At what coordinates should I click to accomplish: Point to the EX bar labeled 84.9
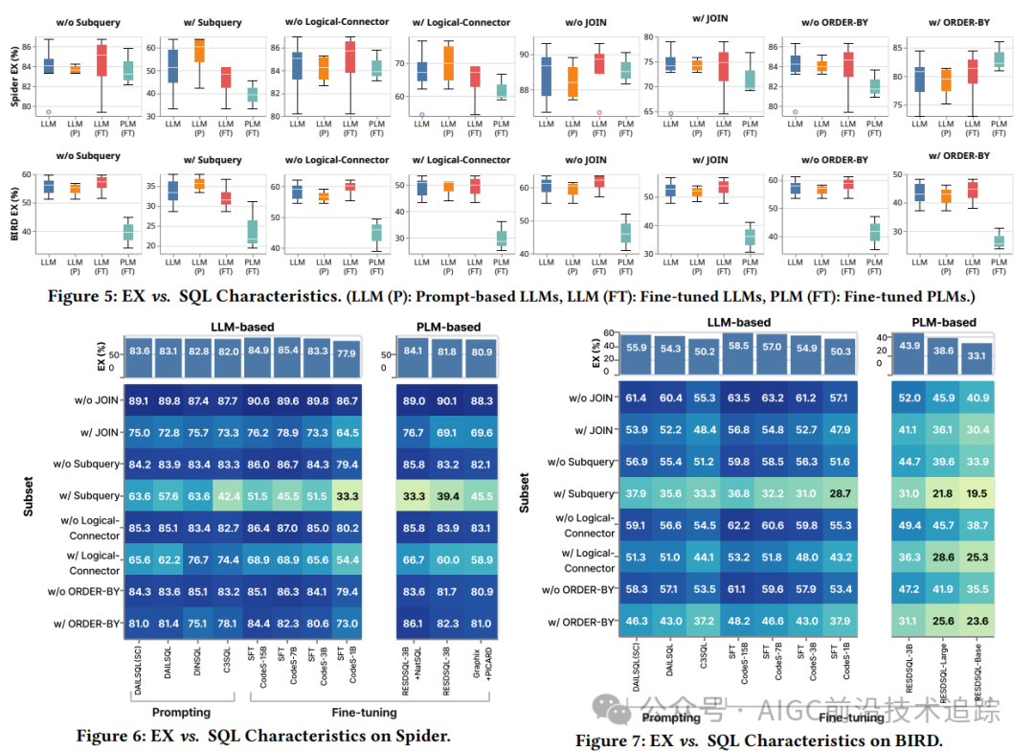click(258, 352)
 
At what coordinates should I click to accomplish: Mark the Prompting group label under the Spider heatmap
click(181, 713)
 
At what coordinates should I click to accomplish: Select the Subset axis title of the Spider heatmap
click(30, 495)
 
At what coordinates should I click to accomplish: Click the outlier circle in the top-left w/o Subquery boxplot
click(48, 112)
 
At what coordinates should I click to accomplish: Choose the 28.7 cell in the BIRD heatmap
click(843, 493)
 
